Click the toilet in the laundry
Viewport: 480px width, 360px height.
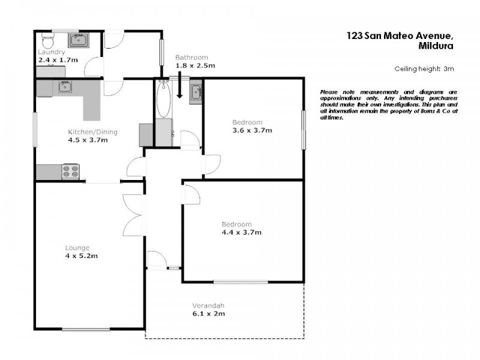47,40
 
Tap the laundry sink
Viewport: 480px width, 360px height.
78,41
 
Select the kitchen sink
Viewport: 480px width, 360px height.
64,88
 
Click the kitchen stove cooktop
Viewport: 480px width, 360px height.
71,172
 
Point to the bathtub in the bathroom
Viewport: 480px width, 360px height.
163,101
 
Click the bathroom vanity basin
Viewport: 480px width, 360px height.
196,93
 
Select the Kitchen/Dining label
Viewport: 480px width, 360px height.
92,132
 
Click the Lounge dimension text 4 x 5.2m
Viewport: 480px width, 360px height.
82,256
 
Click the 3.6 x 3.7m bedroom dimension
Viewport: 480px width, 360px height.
252,130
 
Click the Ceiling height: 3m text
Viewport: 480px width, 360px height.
424,69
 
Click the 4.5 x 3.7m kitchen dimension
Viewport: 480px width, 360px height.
88,140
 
